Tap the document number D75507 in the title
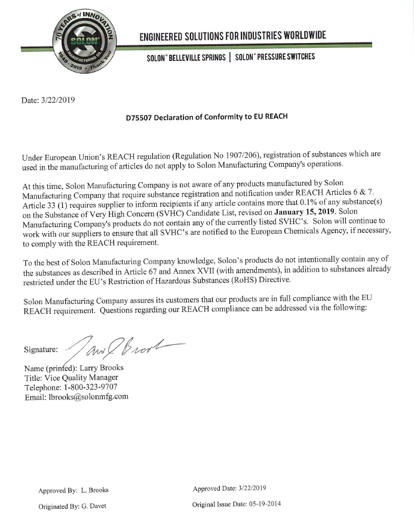coord(138,117)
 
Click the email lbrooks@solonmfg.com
coord(88,397)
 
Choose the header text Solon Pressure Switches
coord(275,57)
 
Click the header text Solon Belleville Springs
coord(186,57)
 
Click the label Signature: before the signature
coord(41,349)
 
